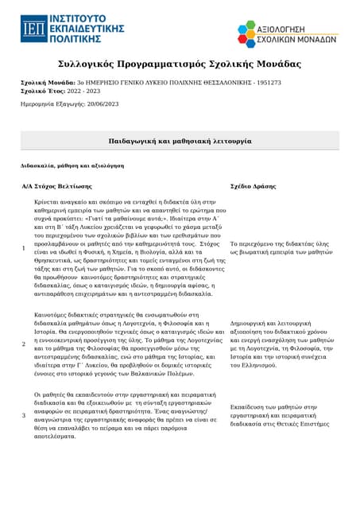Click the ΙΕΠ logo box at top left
click(x=33, y=29)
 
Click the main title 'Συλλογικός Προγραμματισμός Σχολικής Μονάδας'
click(x=180, y=64)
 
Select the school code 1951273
click(x=267, y=82)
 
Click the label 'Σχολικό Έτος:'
click(x=41, y=91)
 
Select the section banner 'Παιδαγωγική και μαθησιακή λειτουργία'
click(x=180, y=140)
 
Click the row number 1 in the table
click(x=23, y=248)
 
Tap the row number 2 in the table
click(x=23, y=344)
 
